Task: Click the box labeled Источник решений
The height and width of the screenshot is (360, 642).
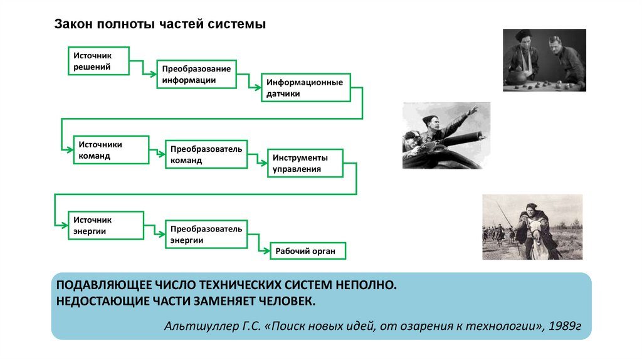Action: (98, 61)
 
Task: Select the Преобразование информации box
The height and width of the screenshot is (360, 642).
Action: (196, 75)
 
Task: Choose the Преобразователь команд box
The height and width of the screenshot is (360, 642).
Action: (206, 154)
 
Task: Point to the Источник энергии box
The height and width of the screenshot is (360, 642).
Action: (106, 226)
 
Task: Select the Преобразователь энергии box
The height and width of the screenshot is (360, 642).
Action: (206, 234)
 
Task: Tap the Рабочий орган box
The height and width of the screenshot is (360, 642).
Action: (307, 251)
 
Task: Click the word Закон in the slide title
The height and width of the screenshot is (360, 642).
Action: (73, 24)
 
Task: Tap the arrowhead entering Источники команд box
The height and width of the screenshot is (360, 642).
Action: (70, 149)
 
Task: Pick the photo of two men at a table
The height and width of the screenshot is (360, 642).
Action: (544, 60)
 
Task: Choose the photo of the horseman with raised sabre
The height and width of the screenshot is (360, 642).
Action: (532, 226)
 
